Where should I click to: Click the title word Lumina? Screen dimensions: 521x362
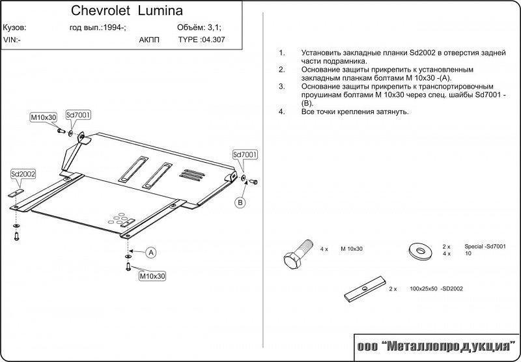tap(160, 10)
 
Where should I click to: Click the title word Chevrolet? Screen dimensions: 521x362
tap(101, 10)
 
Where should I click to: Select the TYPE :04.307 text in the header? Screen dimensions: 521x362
tap(201, 40)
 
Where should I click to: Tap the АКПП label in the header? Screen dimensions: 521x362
tap(149, 40)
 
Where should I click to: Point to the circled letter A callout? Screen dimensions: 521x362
tap(151, 253)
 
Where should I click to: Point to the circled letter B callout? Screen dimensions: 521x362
tap(240, 202)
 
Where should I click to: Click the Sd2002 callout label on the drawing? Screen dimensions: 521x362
tap(23, 174)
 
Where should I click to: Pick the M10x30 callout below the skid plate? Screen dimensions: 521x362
tap(152, 276)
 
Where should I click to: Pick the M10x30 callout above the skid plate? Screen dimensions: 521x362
tap(44, 117)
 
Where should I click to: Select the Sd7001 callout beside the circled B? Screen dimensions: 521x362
tap(246, 154)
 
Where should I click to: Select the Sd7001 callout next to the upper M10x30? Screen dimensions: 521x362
tap(78, 115)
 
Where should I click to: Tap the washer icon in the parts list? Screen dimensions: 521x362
tap(420, 251)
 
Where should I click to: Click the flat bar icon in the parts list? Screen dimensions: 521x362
tap(365, 288)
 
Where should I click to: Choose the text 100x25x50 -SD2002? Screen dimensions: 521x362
tap(436, 289)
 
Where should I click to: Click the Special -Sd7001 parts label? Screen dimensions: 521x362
tap(485, 246)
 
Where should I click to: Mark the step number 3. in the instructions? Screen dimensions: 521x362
tap(282, 87)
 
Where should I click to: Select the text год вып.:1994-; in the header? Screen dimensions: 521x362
tap(98, 27)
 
